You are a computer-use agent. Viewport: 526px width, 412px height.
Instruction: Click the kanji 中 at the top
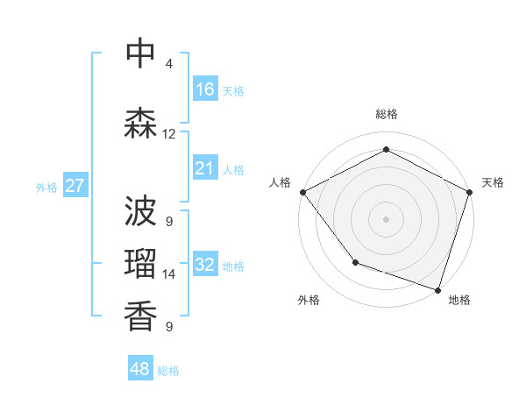(x=140, y=53)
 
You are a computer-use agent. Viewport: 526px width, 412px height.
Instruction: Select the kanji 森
(x=140, y=123)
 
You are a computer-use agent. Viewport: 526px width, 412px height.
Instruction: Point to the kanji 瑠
(x=140, y=263)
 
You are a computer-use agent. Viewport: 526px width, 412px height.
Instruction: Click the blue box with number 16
(x=205, y=89)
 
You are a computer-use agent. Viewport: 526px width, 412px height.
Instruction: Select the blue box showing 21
(x=205, y=168)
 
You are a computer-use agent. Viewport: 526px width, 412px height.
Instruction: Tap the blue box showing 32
(x=205, y=265)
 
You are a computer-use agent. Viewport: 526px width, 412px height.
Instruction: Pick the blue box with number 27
(x=75, y=186)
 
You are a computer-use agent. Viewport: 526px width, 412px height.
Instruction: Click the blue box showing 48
(x=140, y=369)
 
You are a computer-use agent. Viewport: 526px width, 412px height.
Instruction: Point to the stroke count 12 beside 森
(x=168, y=134)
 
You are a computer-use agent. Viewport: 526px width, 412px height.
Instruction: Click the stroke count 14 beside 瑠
(x=169, y=274)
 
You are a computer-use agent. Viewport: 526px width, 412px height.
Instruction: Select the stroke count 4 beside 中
(x=169, y=64)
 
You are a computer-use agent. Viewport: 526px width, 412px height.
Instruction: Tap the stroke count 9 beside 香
(x=169, y=327)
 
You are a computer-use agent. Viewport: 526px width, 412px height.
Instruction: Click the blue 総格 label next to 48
(x=168, y=371)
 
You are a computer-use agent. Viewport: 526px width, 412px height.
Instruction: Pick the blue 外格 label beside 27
(x=46, y=187)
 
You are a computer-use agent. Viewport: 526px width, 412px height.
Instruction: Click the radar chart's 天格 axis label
(x=493, y=182)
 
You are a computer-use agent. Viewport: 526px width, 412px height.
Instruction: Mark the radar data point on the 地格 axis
(x=437, y=289)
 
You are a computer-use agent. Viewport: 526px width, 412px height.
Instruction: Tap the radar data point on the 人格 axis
(x=302, y=192)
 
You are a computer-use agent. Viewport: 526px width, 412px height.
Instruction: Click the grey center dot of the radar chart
(x=386, y=218)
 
